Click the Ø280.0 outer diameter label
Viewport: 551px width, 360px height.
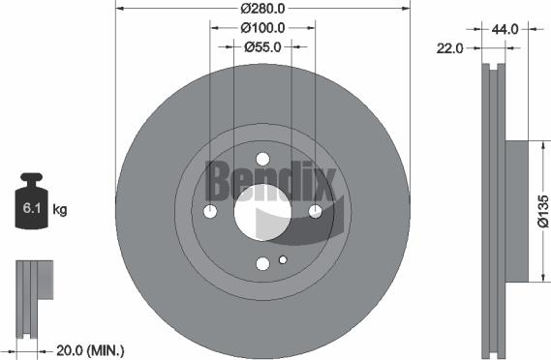click(x=262, y=9)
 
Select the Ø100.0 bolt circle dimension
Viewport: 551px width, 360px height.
click(x=262, y=27)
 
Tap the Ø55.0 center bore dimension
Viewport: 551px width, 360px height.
click(x=262, y=45)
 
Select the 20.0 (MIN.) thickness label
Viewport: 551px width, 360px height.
click(x=90, y=349)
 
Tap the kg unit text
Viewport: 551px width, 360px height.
click(x=59, y=209)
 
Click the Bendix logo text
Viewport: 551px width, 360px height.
click(x=269, y=179)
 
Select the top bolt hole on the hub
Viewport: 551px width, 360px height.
click(x=262, y=161)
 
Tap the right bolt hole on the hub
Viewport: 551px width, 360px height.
click(x=314, y=211)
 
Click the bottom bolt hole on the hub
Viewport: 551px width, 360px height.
click(x=262, y=262)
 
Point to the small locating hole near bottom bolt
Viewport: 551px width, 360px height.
click(x=282, y=259)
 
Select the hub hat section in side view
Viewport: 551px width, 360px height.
click(x=515, y=211)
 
